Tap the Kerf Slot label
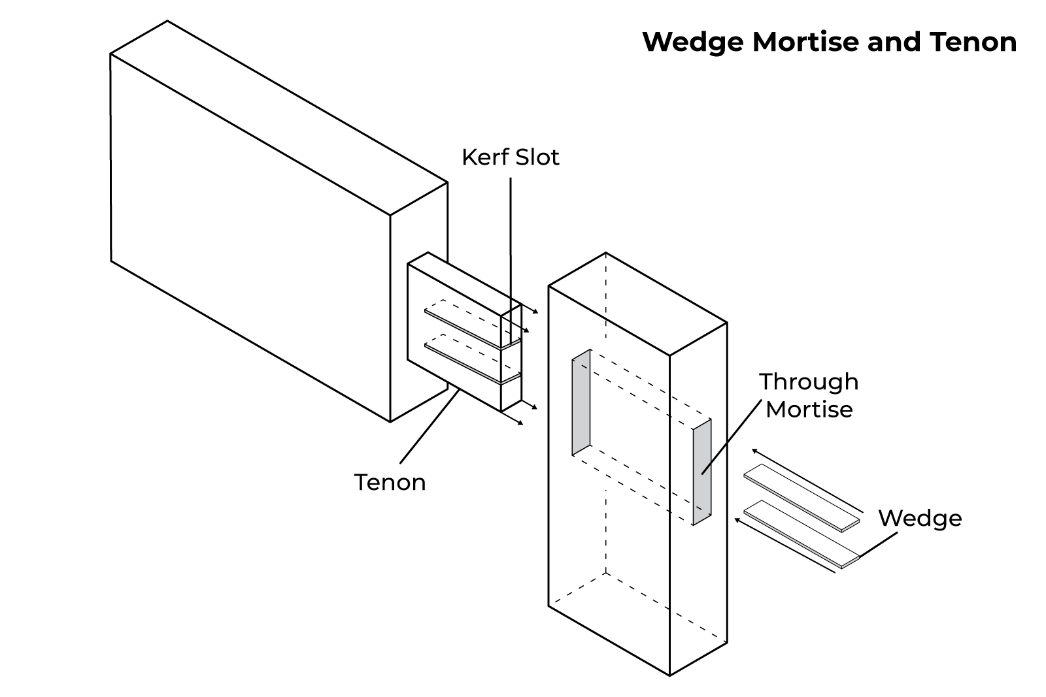(510, 157)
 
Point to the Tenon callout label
(390, 482)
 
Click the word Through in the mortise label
(809, 381)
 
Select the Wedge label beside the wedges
(919, 518)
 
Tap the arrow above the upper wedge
(807, 480)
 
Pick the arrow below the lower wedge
(785, 546)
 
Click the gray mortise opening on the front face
(581, 402)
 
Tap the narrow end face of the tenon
(511, 359)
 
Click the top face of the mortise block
(637, 304)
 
